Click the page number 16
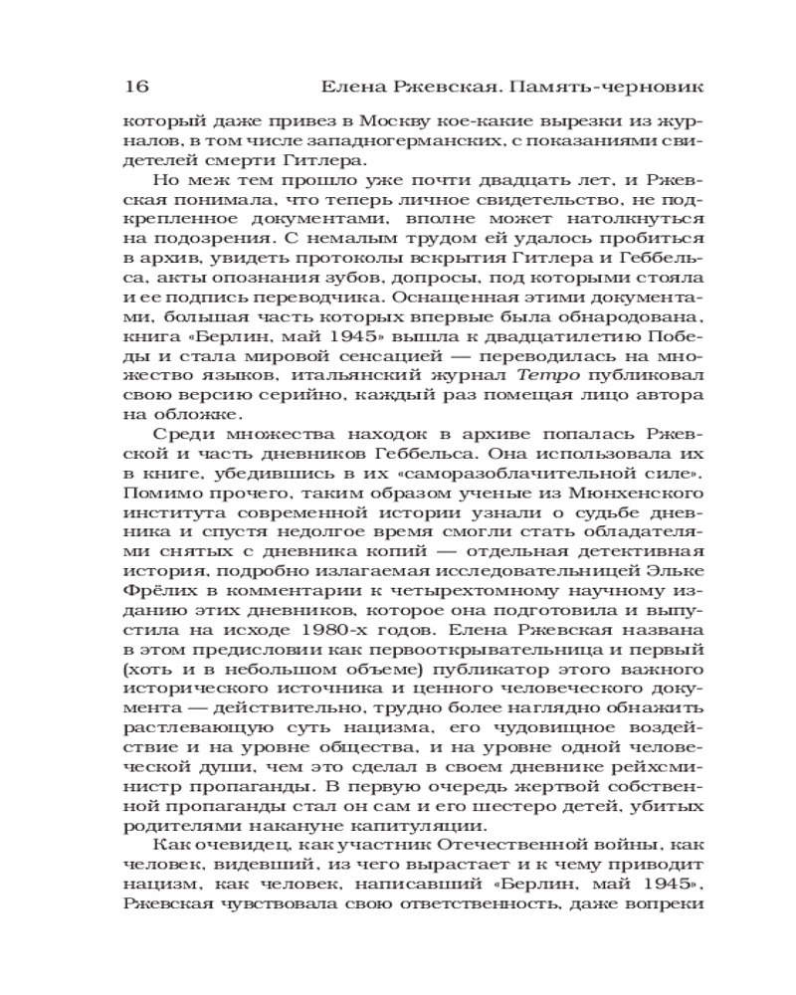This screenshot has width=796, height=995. pos(135,87)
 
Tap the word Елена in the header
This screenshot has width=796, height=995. pos(342,87)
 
